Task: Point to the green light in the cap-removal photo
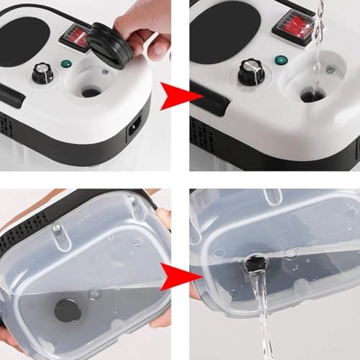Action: pos(66,64)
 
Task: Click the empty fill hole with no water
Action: pos(91,91)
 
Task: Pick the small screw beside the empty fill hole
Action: pos(105,71)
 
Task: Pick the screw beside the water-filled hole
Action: pos(330,71)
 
